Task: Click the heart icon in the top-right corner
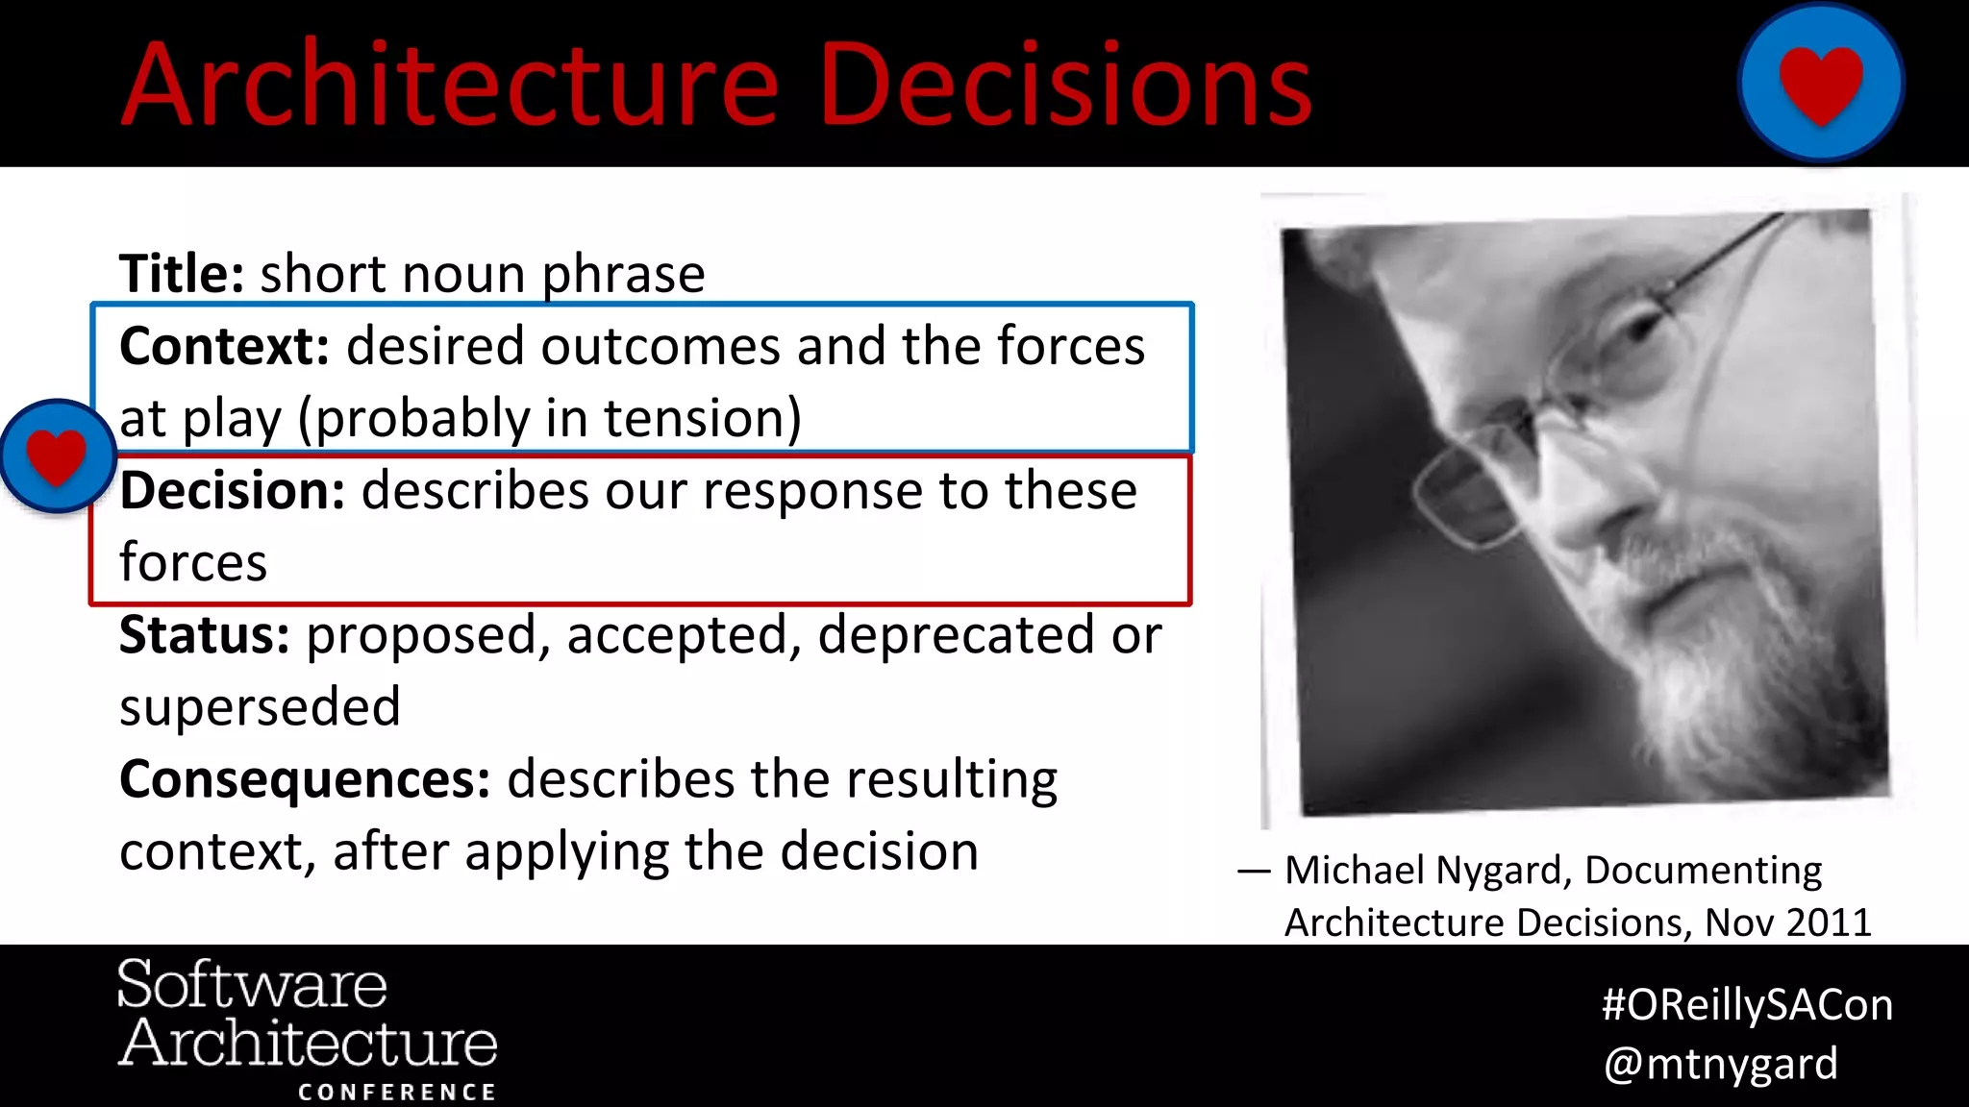[1821, 83]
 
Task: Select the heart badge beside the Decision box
[57, 455]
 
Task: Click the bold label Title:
[182, 274]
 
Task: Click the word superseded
[260, 708]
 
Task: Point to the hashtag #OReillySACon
[1747, 1005]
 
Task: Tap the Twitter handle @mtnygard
[1721, 1064]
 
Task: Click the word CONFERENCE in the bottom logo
[397, 1092]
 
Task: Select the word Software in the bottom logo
[252, 985]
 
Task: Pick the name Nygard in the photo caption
[1501, 871]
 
